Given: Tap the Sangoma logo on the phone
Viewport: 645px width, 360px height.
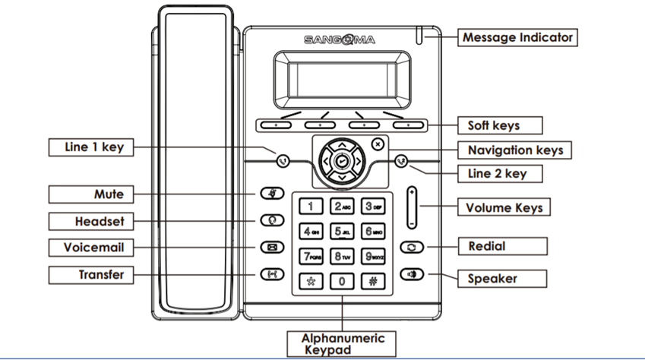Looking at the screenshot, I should click(x=340, y=39).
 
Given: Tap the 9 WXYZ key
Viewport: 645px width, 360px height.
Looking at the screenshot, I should click(x=372, y=257).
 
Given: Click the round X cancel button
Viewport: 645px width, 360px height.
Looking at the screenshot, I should click(x=378, y=144).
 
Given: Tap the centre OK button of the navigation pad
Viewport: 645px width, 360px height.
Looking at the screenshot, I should click(x=341, y=161).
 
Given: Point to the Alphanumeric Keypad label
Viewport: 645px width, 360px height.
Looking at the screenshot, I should click(x=343, y=343).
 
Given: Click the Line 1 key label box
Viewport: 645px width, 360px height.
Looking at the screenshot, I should click(x=86, y=147).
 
